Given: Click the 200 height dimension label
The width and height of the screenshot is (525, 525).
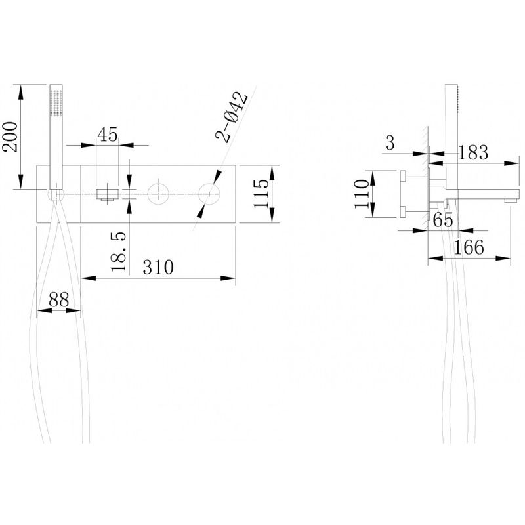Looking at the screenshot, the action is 10,136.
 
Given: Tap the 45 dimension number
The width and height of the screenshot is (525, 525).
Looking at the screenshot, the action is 108,135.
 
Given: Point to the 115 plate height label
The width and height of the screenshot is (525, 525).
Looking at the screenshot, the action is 261,194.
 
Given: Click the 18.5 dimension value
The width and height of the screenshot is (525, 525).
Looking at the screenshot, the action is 119,251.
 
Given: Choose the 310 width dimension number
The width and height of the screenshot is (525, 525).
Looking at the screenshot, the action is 158,267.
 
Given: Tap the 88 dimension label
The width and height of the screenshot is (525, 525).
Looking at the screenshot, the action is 58,299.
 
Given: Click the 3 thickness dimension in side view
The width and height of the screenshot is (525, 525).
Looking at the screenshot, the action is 390,142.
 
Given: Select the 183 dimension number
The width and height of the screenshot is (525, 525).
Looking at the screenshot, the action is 472,152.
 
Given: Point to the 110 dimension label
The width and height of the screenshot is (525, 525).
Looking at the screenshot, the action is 362,194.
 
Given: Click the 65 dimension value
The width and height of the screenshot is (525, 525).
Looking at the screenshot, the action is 443,220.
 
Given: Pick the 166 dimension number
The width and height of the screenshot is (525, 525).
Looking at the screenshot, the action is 469,247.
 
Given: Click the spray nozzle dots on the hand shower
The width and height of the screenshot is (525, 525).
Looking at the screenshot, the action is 56,102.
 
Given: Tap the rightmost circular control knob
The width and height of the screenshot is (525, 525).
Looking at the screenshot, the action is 209,194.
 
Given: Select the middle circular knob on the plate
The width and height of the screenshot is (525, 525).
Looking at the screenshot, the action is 158,194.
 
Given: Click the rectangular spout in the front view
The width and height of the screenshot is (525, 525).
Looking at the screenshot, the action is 108,195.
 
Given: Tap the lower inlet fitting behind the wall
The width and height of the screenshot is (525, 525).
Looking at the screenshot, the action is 404,212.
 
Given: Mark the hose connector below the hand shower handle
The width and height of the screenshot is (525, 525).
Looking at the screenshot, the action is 56,194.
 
